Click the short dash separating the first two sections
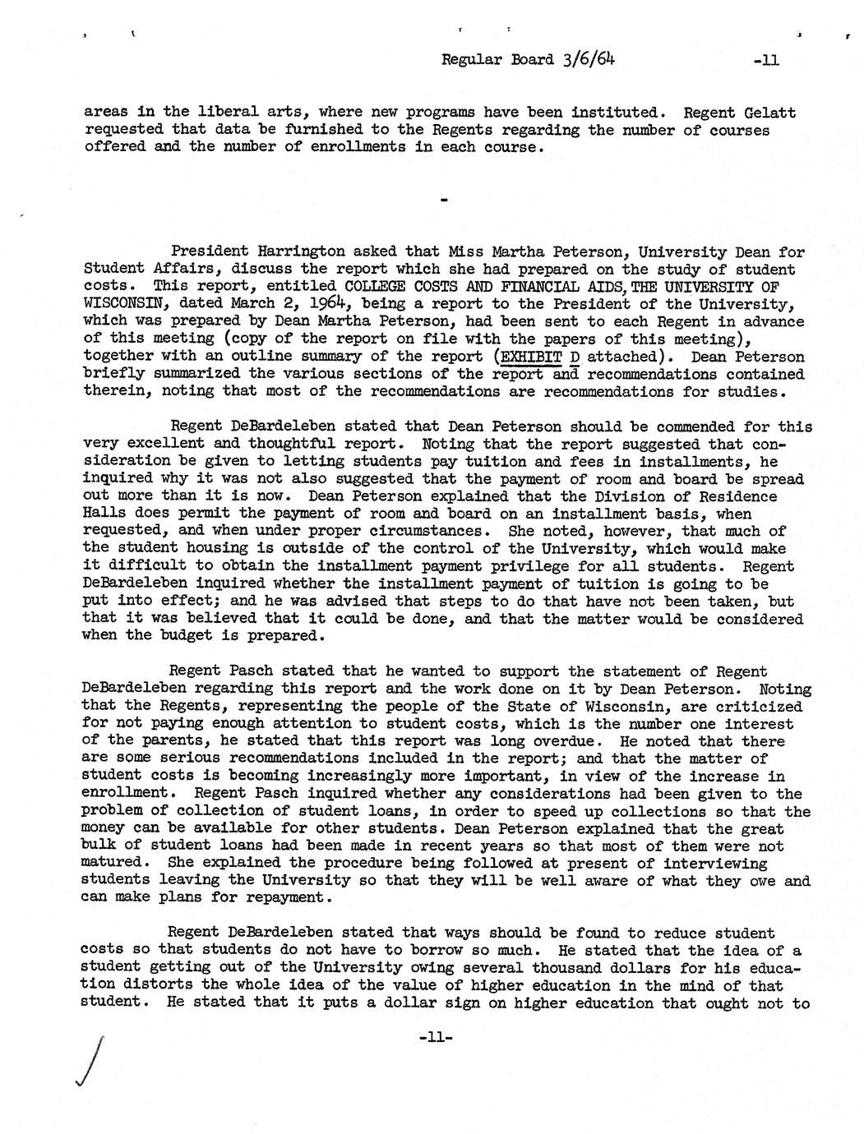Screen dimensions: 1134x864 point(445,200)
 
